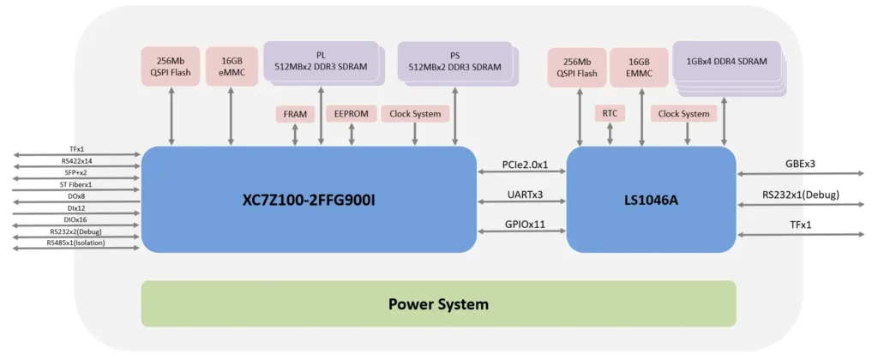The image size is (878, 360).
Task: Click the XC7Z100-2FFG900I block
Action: click(309, 200)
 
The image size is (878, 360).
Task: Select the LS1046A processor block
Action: click(651, 200)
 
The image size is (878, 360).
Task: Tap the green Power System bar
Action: click(438, 303)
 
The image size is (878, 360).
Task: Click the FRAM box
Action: click(295, 114)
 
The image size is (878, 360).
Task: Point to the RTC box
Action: click(610, 113)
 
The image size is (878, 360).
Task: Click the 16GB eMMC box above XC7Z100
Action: click(231, 67)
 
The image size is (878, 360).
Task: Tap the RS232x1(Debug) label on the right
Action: click(802, 195)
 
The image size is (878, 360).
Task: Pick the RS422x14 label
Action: click(75, 160)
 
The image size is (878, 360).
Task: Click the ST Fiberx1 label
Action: click(75, 184)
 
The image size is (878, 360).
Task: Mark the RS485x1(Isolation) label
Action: click(75, 243)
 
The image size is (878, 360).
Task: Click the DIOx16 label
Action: click(75, 219)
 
